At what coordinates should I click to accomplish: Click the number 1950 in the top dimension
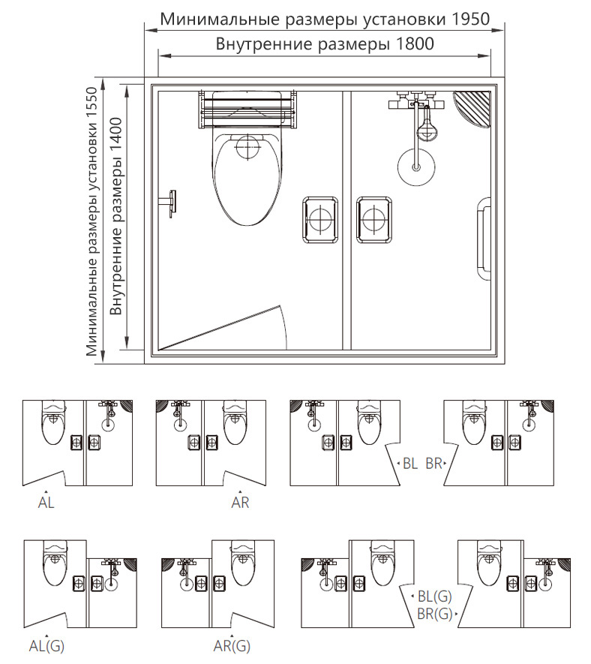tap(471, 19)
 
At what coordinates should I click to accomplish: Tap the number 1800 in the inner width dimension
tap(415, 44)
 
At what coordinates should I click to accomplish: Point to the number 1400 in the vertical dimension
tap(115, 136)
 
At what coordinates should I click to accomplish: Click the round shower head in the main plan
tap(416, 167)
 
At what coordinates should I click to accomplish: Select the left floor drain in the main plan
tap(320, 220)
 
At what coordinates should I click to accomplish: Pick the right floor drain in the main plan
tap(373, 220)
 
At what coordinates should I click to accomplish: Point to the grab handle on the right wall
tap(482, 239)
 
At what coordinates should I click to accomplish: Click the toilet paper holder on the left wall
tap(169, 203)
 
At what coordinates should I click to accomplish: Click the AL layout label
tap(46, 503)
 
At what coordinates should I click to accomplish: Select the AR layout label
tap(240, 503)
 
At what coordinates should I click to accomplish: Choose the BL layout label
tap(410, 464)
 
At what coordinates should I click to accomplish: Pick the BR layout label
tap(434, 464)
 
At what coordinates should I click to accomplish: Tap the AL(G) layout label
tap(46, 646)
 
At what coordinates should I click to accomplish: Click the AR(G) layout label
tap(232, 646)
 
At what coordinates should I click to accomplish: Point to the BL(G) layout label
tap(435, 596)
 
